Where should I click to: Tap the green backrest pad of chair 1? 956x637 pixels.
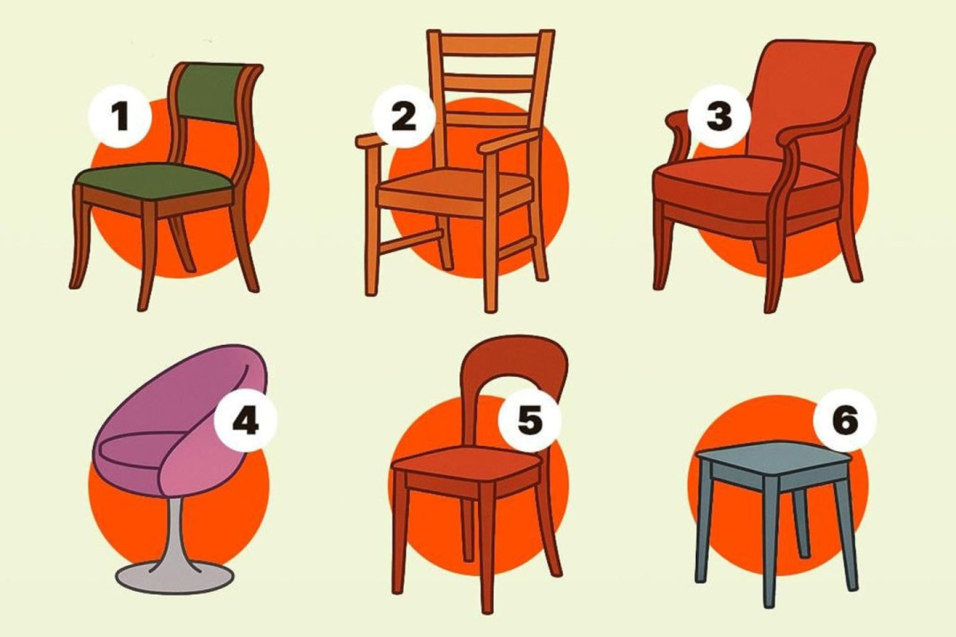pyautogui.click(x=211, y=92)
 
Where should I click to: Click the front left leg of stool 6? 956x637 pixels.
pyautogui.click(x=705, y=531)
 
